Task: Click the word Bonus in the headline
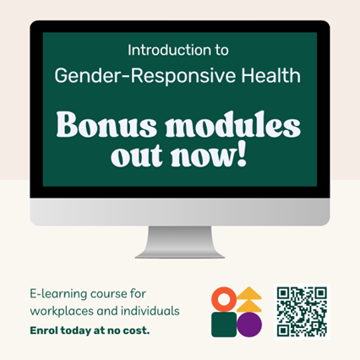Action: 106,125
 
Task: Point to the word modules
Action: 233,124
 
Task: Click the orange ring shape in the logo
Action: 224,299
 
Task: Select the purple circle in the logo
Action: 249,325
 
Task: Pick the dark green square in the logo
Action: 224,325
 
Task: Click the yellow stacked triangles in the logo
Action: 249,299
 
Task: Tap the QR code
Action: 302,312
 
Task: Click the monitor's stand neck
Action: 180,242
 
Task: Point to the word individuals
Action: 150,311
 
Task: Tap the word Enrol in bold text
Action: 44,330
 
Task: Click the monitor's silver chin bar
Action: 180,212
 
